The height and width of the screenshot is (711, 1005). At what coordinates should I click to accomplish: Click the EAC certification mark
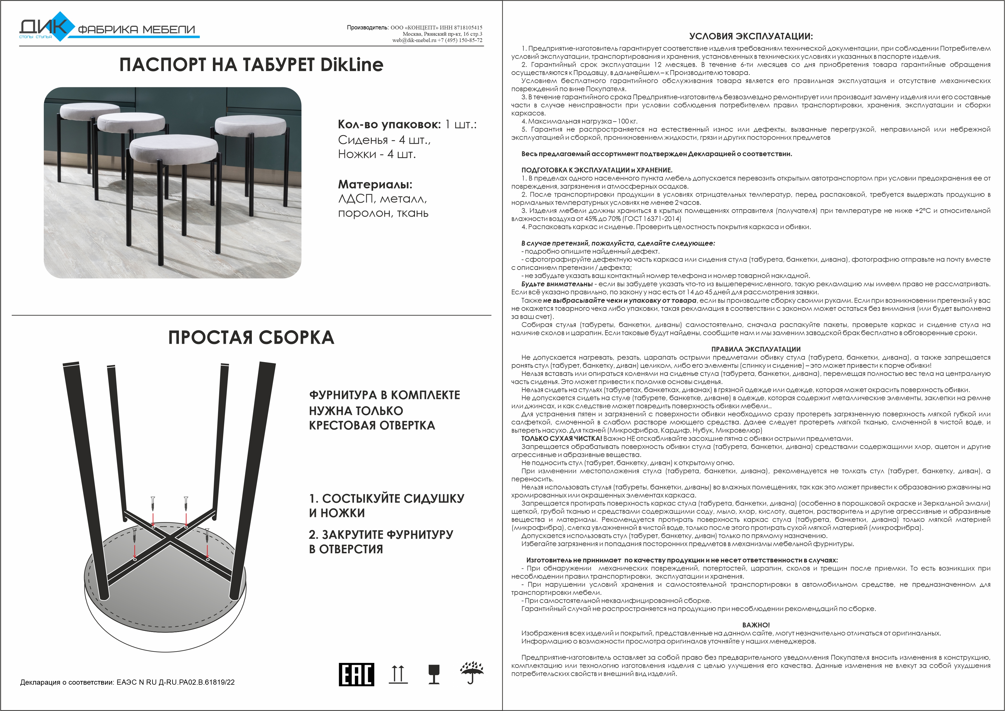pyautogui.click(x=356, y=674)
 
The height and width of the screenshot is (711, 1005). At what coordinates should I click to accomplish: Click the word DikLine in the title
pyautogui.click(x=352, y=65)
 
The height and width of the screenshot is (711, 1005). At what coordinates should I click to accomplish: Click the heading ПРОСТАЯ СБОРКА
pyautogui.click(x=251, y=337)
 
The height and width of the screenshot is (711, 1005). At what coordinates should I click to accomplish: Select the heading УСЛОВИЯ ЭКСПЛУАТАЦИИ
pyautogui.click(x=751, y=36)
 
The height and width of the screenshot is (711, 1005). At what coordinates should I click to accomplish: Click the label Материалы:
pyautogui.click(x=375, y=184)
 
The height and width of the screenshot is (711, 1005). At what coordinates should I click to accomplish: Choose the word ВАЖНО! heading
pyautogui.click(x=756, y=625)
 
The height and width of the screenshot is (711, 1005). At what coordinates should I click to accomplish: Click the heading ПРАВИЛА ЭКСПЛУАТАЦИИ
pyautogui.click(x=756, y=349)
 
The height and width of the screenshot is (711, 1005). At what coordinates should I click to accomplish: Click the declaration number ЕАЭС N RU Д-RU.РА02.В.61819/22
pyautogui.click(x=175, y=682)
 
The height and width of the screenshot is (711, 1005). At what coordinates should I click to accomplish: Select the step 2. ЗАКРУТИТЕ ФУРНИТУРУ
pyautogui.click(x=381, y=535)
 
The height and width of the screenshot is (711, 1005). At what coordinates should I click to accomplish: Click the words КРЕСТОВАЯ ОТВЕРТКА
pyautogui.click(x=372, y=426)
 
